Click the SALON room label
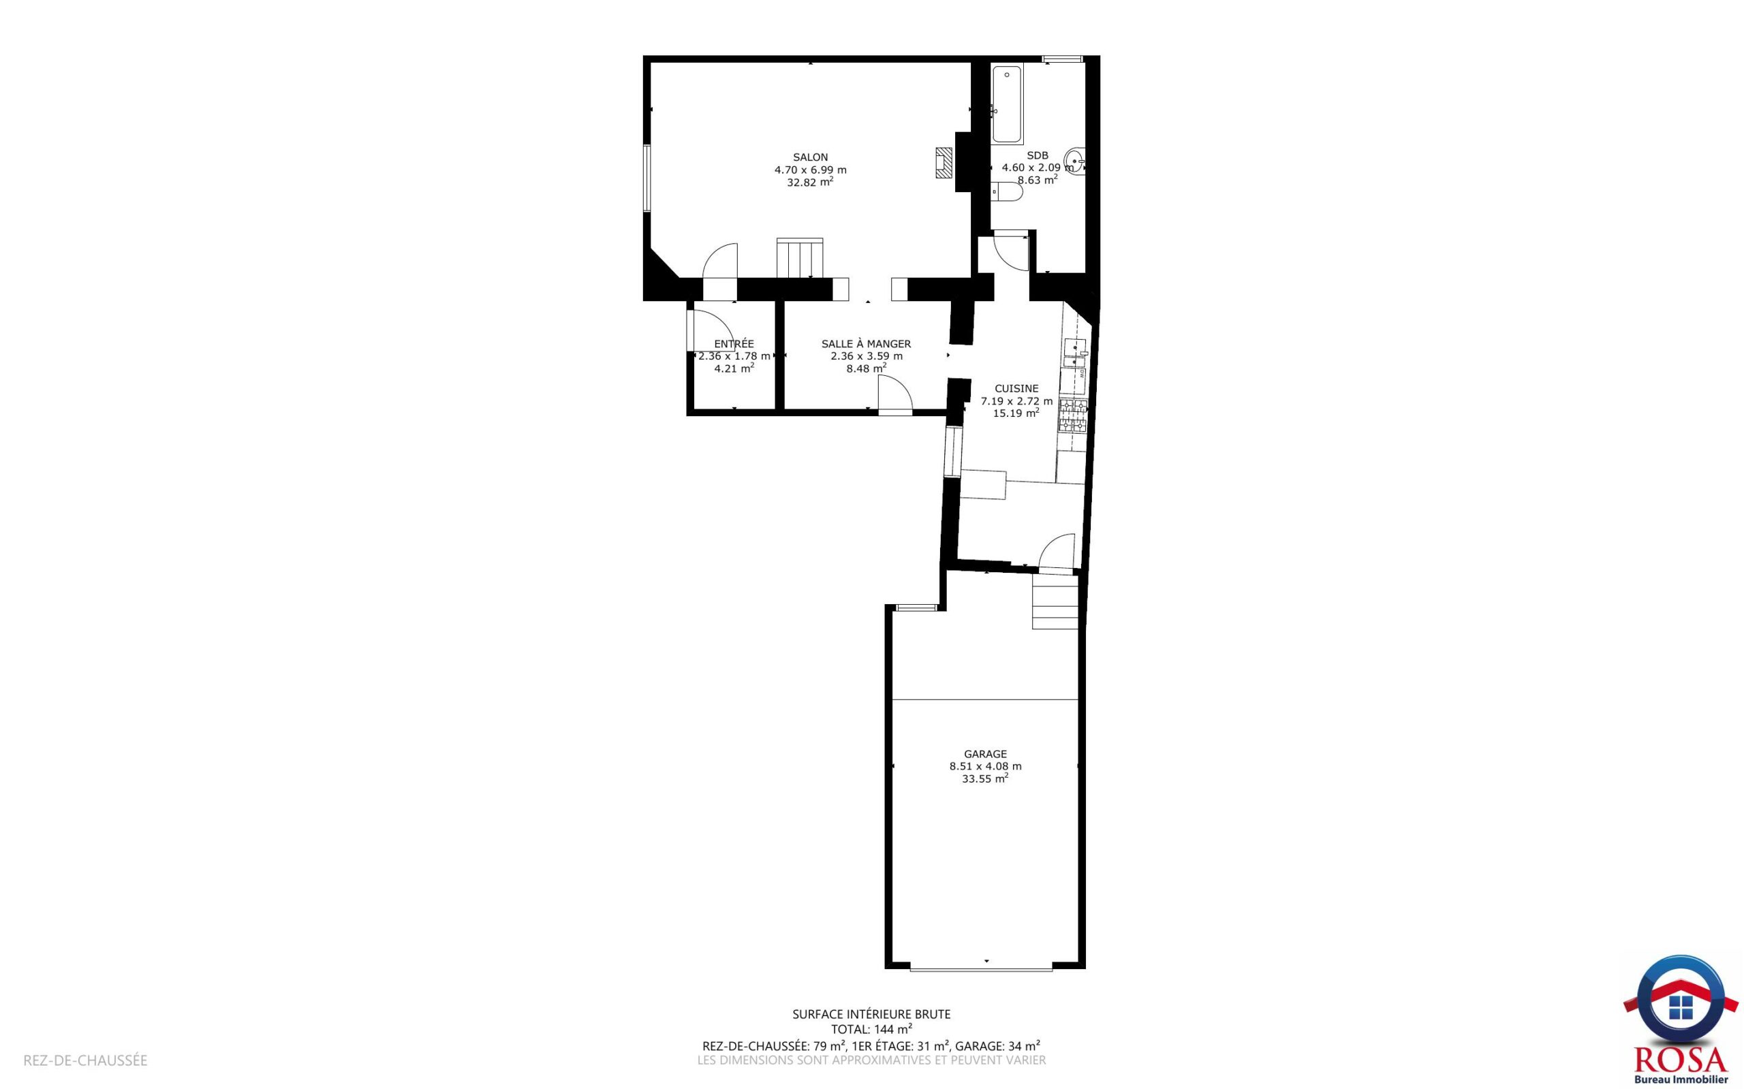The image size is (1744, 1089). (x=811, y=157)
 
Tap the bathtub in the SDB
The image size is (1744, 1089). (x=1007, y=105)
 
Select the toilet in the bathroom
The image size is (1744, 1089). (x=1006, y=191)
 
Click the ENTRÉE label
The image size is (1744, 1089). (x=734, y=345)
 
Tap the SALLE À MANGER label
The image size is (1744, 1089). (x=866, y=345)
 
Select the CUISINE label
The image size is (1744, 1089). (x=1016, y=389)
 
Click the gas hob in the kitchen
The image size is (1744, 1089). (x=1072, y=416)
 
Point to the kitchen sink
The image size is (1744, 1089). (x=1075, y=353)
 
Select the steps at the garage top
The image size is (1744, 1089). (x=1055, y=601)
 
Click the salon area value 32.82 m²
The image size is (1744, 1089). (x=811, y=183)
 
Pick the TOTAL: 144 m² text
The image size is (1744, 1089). (x=871, y=1029)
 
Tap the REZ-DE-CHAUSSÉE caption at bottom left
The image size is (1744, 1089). (x=86, y=1061)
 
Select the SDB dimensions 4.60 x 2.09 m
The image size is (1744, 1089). (x=1038, y=168)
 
